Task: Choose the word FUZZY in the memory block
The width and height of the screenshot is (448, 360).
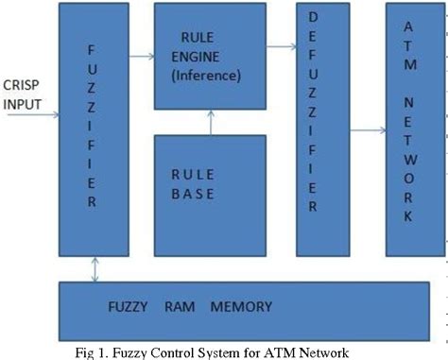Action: tap(129, 307)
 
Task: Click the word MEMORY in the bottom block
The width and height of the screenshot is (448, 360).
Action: tap(242, 307)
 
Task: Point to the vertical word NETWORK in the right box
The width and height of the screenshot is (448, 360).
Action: tap(411, 156)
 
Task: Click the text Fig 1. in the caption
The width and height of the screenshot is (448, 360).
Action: tap(93, 352)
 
